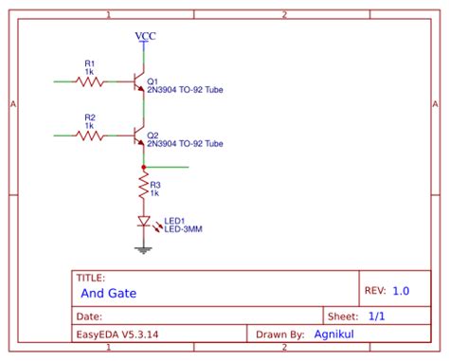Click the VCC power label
[x=145, y=36]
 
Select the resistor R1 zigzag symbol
[x=90, y=82]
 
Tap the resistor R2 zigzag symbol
[x=90, y=135]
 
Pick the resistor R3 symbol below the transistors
[x=143, y=186]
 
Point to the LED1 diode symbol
[x=144, y=223]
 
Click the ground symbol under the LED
[x=144, y=250]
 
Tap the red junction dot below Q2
[x=143, y=167]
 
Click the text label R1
[x=89, y=63]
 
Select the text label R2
[x=89, y=117]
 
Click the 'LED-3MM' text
[x=184, y=228]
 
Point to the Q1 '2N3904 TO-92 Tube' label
[x=185, y=91]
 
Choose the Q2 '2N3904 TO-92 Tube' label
[x=185, y=144]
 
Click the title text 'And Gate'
[x=109, y=294]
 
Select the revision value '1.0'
[x=401, y=292]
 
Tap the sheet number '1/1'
[x=376, y=316]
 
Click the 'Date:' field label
[x=89, y=316]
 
